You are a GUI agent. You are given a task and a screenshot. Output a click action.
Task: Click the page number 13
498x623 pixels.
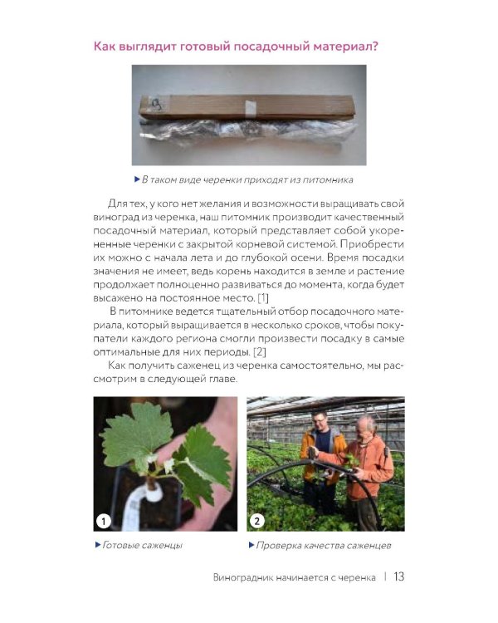398,576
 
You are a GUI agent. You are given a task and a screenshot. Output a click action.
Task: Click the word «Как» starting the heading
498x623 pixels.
105,47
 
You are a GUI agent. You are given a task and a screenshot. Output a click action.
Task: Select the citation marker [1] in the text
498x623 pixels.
263,297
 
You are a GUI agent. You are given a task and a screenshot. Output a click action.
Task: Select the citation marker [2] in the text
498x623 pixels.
260,351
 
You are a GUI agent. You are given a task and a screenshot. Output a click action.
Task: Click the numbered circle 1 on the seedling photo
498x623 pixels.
104,521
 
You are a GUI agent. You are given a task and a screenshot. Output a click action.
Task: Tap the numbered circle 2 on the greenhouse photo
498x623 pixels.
257,521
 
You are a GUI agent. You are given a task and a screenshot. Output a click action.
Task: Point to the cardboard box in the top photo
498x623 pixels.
247,107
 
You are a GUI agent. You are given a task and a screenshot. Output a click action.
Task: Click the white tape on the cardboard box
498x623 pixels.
250,108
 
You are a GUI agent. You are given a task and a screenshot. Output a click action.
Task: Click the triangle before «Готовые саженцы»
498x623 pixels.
98,545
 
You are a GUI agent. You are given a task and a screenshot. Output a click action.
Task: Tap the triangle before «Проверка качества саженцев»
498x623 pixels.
251,545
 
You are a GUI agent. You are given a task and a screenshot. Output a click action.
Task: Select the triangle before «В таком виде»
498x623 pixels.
138,179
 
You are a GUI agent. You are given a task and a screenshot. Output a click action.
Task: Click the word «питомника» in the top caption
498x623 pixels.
328,180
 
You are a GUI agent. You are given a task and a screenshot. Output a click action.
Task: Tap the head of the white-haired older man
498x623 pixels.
365,426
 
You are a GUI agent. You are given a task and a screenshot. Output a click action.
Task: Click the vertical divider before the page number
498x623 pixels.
385,576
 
